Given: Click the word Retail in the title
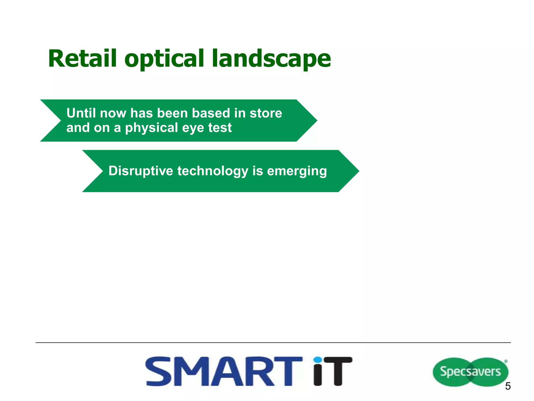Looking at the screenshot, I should tap(82, 59).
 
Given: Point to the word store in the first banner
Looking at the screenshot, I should tap(266, 113).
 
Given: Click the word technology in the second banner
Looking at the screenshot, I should tap(213, 171).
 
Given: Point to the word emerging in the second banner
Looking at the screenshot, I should tap(297, 171).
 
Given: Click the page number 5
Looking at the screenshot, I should tap(508, 386).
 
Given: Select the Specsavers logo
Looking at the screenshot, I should tap(470, 371).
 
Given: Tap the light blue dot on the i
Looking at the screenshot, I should tap(318, 360).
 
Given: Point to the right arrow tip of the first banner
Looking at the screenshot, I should tap(314, 121).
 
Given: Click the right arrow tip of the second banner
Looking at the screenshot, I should tap(356, 171).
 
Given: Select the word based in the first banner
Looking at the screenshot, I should tap(211, 113).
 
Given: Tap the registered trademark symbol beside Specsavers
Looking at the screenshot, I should tap(506, 362).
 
